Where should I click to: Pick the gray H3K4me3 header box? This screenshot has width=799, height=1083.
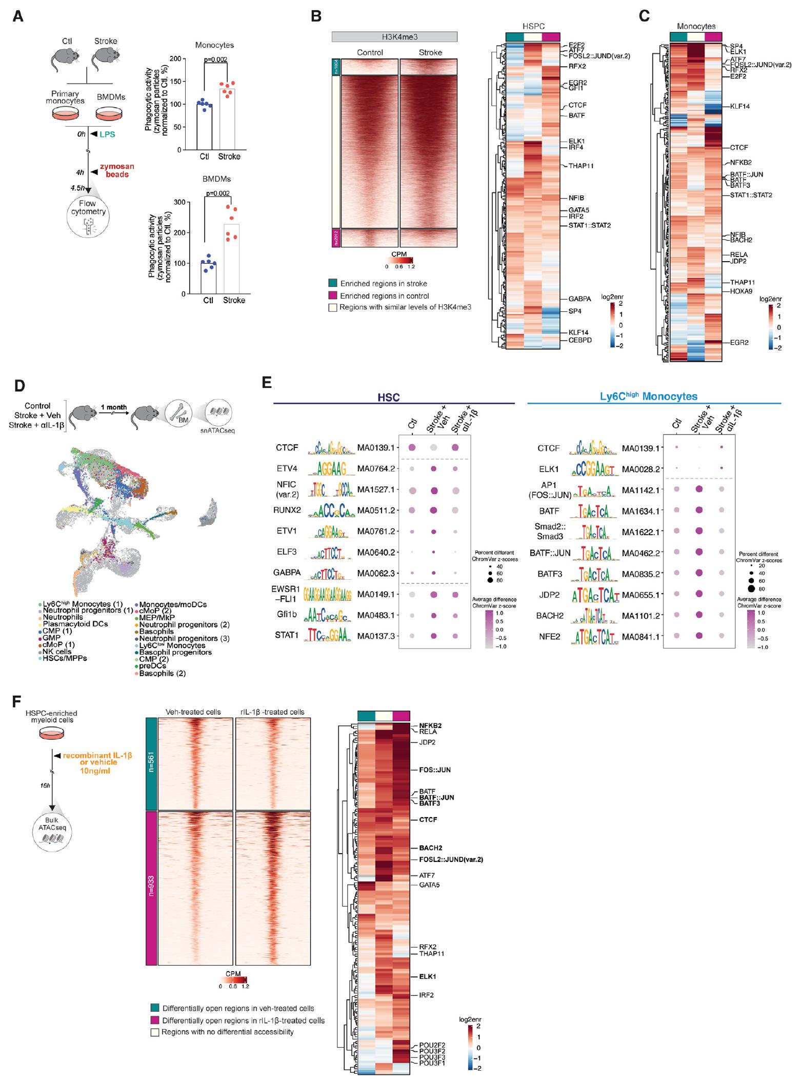point(394,36)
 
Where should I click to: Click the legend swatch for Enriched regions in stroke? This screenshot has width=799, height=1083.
point(333,283)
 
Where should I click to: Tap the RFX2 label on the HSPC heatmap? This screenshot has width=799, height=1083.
point(577,66)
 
